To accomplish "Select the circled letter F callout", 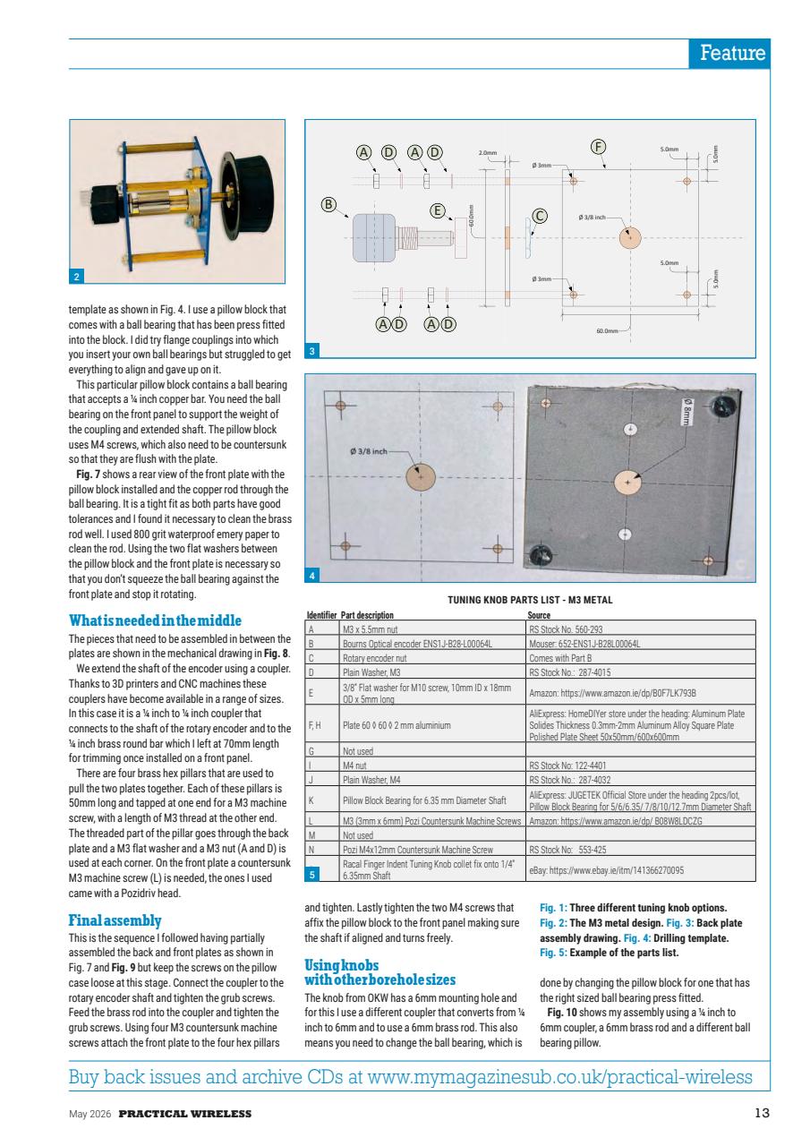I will tap(599, 146).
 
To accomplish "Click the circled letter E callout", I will tap(438, 210).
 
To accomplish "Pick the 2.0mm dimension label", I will tap(487, 153).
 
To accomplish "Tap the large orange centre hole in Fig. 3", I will tap(630, 237).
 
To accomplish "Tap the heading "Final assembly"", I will tap(115, 919).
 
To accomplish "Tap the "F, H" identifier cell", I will tap(315, 723).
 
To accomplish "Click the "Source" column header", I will tap(539, 615).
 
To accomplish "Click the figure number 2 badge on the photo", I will tap(78, 275).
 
